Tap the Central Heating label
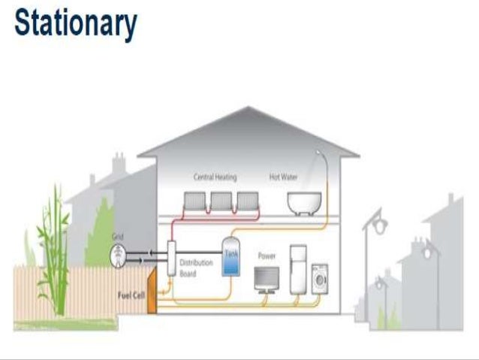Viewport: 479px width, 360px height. pyautogui.click(x=215, y=177)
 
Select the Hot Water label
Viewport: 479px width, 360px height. pyautogui.click(x=284, y=177)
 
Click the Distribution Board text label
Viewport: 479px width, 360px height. pyautogui.click(x=196, y=268)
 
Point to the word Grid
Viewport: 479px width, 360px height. pyautogui.click(x=117, y=237)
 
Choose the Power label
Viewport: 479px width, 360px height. pyautogui.click(x=267, y=256)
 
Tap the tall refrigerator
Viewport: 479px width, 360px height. pyautogui.click(x=298, y=268)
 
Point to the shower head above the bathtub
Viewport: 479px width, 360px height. pyautogui.click(x=321, y=153)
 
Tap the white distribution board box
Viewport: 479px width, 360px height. pyautogui.click(x=171, y=259)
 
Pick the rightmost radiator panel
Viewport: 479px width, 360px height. pyautogui.click(x=246, y=201)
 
